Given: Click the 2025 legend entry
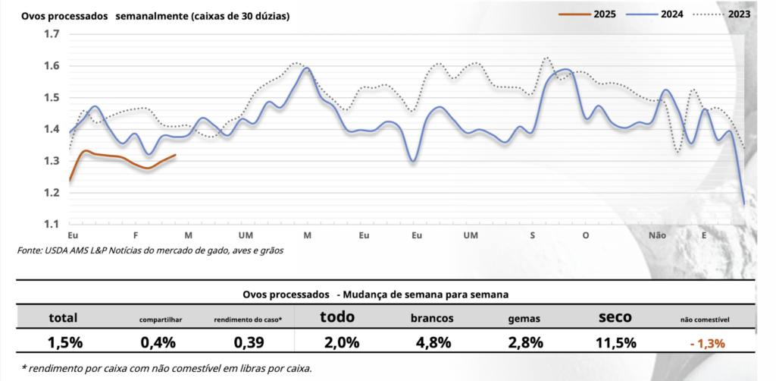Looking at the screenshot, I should pos(602,14).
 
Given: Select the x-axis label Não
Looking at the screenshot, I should pos(657,236).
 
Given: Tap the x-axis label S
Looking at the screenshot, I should pos(533,236).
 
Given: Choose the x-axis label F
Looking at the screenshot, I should pos(135,236).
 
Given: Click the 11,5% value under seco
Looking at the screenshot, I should pos(615,342).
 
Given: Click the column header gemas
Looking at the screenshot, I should pos(524,320).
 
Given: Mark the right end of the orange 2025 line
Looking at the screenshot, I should pos(176,155).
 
